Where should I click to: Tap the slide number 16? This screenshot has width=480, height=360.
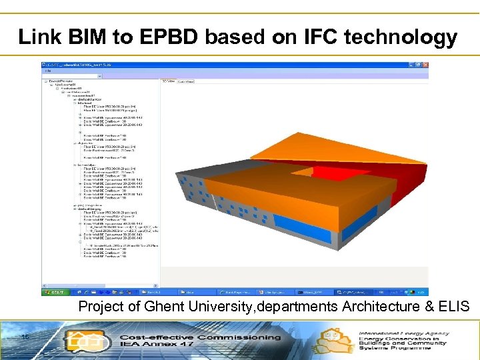coord(24,337)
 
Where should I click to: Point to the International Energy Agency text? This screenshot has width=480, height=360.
coord(403,333)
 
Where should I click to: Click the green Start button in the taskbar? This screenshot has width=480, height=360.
coord(53,292)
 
